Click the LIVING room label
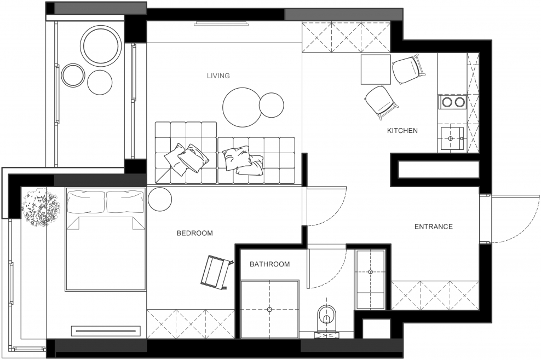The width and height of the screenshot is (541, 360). tap(218, 76)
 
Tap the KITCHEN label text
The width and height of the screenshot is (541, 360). tap(402, 131)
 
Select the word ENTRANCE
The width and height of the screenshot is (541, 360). tap(433, 227)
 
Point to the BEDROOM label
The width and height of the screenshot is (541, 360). tap(194, 233)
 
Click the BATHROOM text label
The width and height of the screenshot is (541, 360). tap(270, 264)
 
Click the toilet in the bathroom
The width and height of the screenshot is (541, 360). tap(326, 315)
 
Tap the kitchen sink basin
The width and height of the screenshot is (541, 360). tap(451, 138)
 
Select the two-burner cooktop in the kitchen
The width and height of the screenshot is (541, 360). tap(453, 102)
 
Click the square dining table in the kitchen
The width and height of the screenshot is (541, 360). tap(376, 69)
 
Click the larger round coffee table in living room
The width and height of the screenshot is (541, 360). tap(241, 107)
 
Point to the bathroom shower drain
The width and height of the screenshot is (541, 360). tap(269, 309)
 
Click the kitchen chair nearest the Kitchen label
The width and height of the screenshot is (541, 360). tap(381, 102)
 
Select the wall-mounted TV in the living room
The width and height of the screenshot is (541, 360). tap(221, 24)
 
